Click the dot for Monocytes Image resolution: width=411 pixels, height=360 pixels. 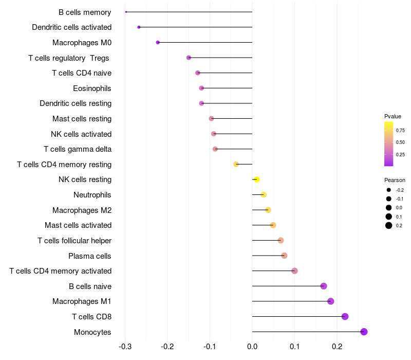pos(364,332)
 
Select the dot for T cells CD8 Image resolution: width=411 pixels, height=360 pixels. pos(345,316)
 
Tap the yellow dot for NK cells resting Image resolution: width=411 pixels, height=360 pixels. pos(257,179)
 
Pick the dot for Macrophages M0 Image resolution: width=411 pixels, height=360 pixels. pos(158,42)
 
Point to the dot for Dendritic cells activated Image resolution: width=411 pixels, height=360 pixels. pos(139,27)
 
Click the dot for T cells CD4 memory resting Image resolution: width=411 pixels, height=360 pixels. pos(236,164)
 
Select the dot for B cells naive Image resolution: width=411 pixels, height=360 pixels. pos(324,286)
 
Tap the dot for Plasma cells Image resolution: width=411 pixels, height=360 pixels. pos(284,256)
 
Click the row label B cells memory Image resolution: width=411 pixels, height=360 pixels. pos(85,12)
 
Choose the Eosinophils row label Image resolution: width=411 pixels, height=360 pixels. pos(92,88)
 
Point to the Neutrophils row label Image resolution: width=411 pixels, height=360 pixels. pos(92,195)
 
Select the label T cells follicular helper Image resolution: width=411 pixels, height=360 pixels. pos(74,241)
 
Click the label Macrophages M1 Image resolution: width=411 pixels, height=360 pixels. pos(82,301)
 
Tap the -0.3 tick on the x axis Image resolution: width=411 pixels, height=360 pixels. pos(125,347)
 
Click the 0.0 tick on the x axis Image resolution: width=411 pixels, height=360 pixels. pos(252,347)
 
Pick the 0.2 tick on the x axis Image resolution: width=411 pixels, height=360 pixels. pos(337,347)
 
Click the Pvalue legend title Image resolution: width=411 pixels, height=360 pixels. pos(393,116)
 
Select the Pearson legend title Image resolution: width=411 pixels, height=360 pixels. pos(395,180)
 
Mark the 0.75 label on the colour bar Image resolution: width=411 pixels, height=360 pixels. pos(400,130)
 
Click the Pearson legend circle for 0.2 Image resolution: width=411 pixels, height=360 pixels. pos(389,225)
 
